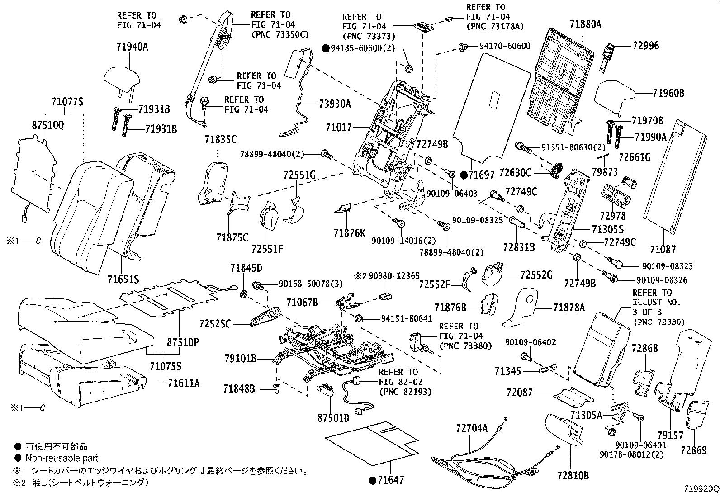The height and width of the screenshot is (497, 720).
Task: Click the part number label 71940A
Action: [x=127, y=47]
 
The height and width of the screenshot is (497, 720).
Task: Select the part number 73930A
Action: [x=334, y=104]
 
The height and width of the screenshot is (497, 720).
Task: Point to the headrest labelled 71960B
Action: [x=615, y=96]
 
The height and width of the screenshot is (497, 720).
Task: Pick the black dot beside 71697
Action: [x=464, y=175]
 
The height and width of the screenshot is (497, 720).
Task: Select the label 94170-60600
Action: [x=505, y=46]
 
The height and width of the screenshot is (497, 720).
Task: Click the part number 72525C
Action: [x=215, y=324]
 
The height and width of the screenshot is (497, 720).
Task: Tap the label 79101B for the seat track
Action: [x=240, y=359]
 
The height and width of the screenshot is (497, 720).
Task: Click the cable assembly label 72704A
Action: [x=472, y=427]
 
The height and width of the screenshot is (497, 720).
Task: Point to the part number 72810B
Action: [x=573, y=475]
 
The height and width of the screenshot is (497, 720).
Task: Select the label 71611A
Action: [x=183, y=383]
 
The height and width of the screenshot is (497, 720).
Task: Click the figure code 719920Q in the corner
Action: [x=701, y=489]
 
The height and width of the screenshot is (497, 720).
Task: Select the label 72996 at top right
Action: [x=646, y=46]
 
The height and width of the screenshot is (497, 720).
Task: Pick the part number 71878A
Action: [x=568, y=308]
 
